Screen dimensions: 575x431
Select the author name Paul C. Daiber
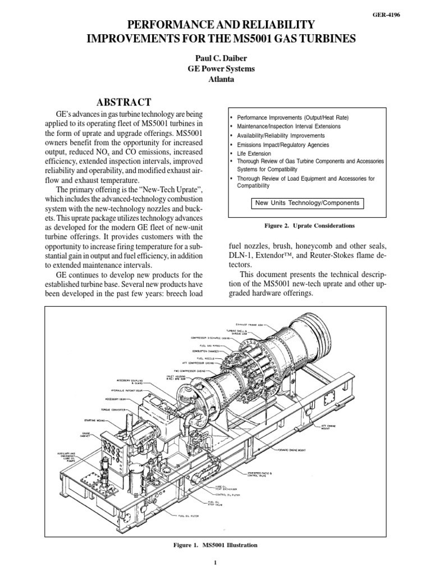click(215, 58)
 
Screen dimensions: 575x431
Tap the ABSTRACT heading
click(124, 102)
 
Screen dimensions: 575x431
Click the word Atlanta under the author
click(215, 79)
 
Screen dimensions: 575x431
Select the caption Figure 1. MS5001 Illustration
click(215, 545)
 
